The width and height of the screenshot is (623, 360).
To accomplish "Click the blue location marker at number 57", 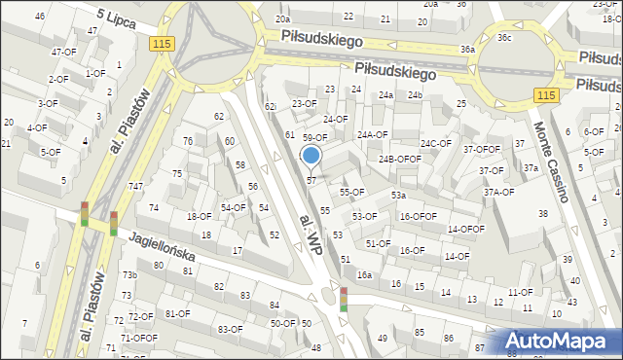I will click(x=311, y=156).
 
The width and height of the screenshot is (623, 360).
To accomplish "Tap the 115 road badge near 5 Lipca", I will click(x=163, y=45).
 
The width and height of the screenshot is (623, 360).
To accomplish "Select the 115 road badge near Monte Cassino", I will click(x=546, y=94).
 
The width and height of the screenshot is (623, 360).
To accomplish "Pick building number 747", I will click(x=136, y=186).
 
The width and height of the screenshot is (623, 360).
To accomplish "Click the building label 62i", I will click(x=271, y=106).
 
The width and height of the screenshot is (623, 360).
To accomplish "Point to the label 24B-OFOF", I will click(x=399, y=159).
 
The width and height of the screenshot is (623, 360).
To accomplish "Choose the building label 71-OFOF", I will click(x=138, y=338).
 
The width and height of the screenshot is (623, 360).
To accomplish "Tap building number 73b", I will click(x=128, y=275).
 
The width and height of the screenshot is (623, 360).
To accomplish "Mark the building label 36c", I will click(x=503, y=38).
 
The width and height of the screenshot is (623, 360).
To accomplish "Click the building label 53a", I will click(x=398, y=196).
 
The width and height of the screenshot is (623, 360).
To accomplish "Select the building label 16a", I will click(x=364, y=275).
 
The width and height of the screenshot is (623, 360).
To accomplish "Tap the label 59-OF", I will click(x=314, y=138).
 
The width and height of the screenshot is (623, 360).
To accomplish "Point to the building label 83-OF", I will click(x=230, y=329).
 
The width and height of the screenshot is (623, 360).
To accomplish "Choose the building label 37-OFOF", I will click(x=481, y=149).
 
